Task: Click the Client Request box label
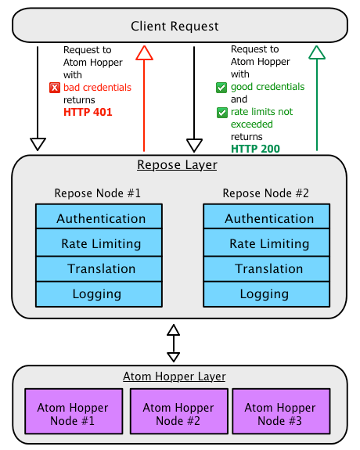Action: pos(175,27)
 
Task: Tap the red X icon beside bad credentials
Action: pos(55,88)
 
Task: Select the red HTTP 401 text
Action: pos(88,112)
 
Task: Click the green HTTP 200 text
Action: pos(255,149)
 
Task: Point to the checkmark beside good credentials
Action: pos(221,88)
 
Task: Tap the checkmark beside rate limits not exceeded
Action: pos(222,113)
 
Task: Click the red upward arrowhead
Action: pos(144,52)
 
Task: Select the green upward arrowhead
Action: pos(317,52)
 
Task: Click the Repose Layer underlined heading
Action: pos(177,165)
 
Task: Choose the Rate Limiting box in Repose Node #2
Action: pos(267,243)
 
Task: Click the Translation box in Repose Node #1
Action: pos(99,269)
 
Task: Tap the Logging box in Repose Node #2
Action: pos(267,294)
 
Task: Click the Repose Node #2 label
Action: pos(266,193)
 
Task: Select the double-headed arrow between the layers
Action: pos(174,344)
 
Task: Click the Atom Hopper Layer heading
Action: pos(175,376)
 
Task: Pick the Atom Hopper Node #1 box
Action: pos(74,411)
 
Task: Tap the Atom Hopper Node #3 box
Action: pos(281,411)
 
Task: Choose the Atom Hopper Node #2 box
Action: pos(179,411)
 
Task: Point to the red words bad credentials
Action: pos(97,87)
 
